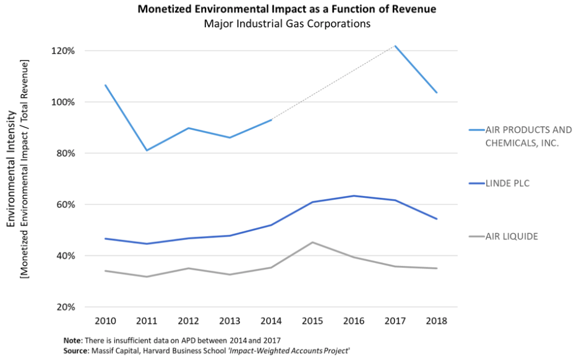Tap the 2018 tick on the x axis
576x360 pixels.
coord(437,322)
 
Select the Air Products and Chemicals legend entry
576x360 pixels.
coord(520,136)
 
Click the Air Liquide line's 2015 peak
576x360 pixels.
coord(312,242)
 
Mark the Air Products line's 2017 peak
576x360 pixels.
coord(395,46)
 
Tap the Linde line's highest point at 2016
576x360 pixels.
coord(354,196)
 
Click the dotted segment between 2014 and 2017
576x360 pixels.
coord(334,82)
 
